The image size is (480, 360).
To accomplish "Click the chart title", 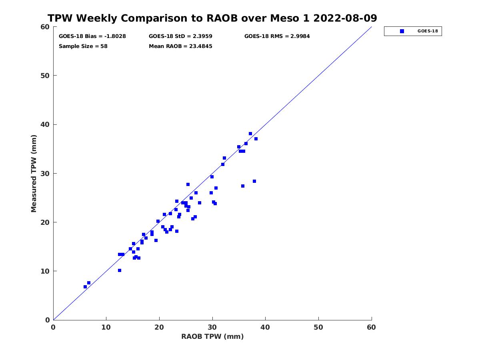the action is tap(212, 18).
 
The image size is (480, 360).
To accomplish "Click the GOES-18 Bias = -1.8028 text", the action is tap(92, 36).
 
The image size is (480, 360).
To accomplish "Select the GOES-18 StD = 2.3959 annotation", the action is tap(180, 36).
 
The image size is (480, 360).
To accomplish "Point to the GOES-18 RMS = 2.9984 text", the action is tap(277, 36).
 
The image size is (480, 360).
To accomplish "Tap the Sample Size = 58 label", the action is tap(83, 46).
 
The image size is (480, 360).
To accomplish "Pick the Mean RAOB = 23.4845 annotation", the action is tap(180, 46).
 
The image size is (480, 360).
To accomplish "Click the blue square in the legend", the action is tap(402, 31).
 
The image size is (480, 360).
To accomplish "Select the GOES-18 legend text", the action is tap(428, 31).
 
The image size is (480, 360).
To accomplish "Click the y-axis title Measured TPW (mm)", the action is tap(34, 173).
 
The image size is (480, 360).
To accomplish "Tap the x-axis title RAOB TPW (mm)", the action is tap(212, 336).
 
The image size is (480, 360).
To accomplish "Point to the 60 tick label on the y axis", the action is tap(45, 27).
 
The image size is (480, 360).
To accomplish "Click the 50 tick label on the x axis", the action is tap(318, 327).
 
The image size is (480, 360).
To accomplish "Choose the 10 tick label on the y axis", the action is tap(45, 271).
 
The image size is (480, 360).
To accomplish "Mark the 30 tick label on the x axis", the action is tap(212, 327).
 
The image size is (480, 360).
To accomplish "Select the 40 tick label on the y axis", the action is tap(45, 124).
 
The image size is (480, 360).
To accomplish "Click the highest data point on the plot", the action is tap(250, 134).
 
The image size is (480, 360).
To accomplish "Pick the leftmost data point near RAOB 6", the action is tap(85, 287).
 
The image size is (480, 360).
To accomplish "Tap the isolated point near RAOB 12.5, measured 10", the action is tap(119, 270).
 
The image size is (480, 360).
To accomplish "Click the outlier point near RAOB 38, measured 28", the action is tap(254, 181).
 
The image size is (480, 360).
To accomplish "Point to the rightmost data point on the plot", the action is tap(256, 139).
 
